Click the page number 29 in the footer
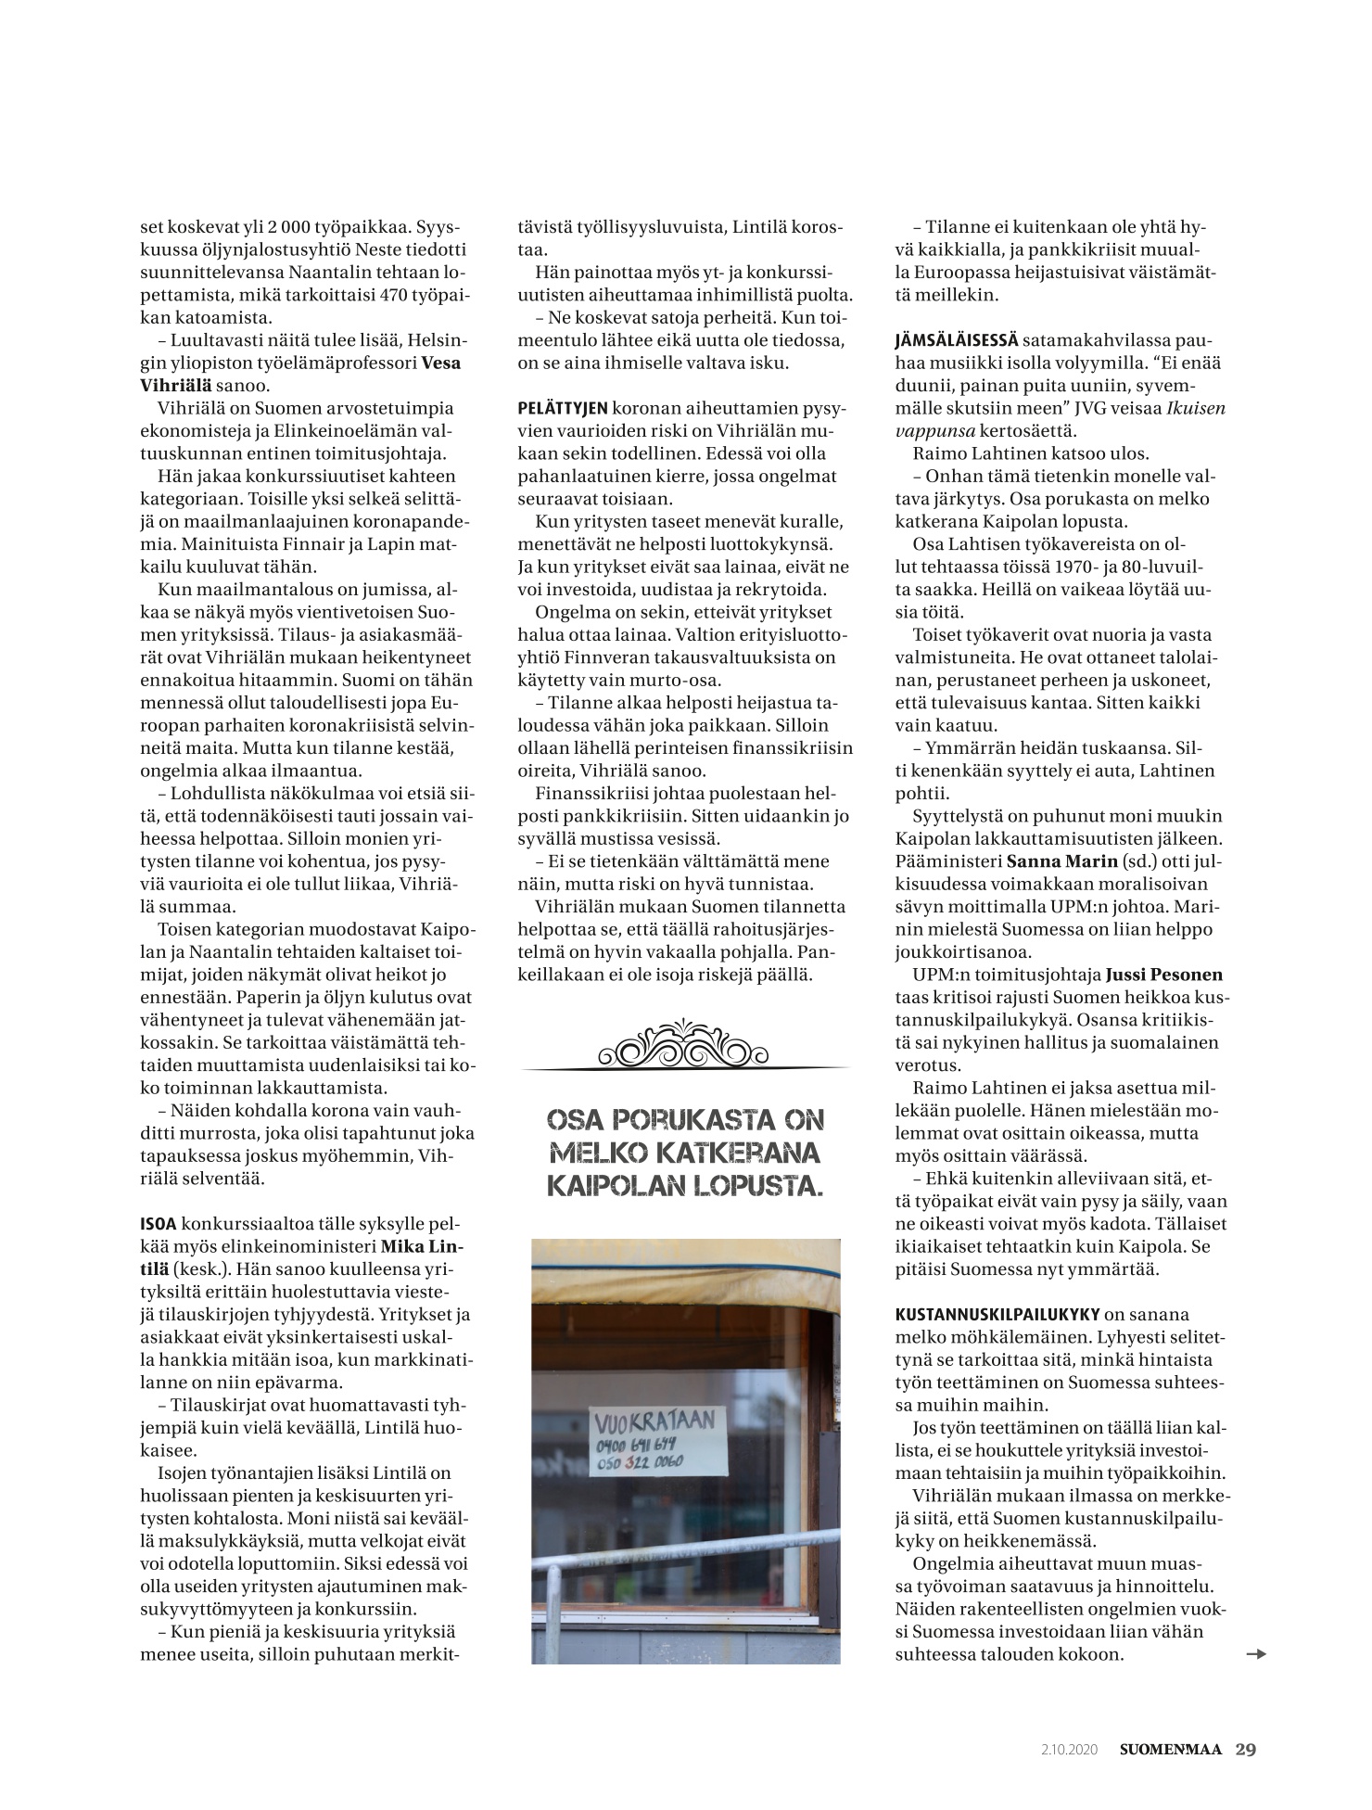pos(1245,1749)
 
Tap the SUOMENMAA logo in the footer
pos(1170,1750)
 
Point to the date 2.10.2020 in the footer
pos(1069,1750)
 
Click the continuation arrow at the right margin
pos(1256,1653)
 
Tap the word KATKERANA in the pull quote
pos(750,1154)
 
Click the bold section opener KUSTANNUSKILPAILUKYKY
pos(997,1314)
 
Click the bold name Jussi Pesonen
pos(1164,975)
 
